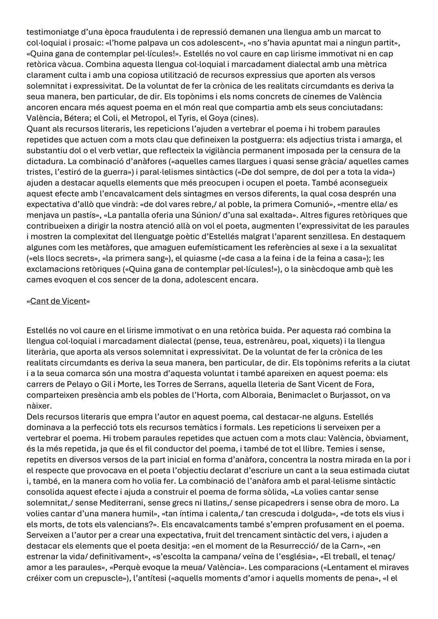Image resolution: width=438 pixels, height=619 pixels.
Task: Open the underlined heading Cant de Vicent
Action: coord(58,301)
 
